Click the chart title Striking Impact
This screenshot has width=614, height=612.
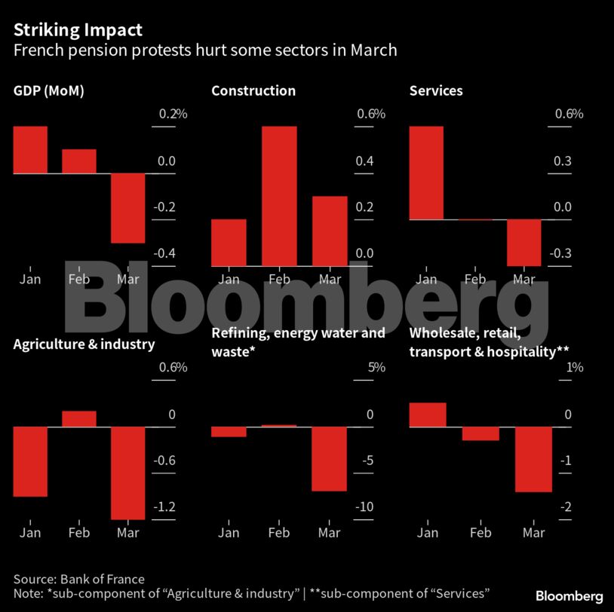[78, 30]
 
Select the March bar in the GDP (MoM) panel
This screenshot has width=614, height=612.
[128, 208]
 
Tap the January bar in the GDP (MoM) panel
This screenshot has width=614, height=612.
[30, 149]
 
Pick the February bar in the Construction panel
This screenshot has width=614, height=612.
[279, 196]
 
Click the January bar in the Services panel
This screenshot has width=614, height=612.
[426, 173]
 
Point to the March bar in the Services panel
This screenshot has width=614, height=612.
[524, 242]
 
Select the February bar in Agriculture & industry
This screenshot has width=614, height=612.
[79, 419]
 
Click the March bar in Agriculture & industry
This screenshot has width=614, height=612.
[128, 473]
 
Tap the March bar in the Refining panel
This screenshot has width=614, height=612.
[329, 459]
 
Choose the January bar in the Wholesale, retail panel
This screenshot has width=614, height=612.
[427, 415]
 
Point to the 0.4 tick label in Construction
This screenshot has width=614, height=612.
[365, 161]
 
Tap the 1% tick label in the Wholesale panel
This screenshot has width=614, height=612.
[575, 368]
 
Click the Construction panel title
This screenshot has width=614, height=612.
[253, 91]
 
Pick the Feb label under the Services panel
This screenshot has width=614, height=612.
[475, 280]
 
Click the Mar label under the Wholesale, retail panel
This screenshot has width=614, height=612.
[533, 533]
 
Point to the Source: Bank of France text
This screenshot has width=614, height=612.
[78, 579]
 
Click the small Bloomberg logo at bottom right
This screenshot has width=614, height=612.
[569, 596]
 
